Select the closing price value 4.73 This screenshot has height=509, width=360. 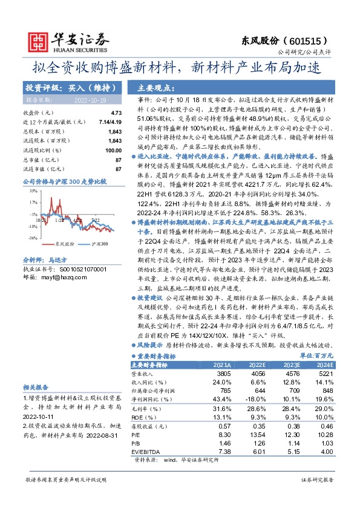tap(116, 113)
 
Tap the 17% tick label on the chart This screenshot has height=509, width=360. tap(33, 203)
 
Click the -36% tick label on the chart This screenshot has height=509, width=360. tap(33, 238)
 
